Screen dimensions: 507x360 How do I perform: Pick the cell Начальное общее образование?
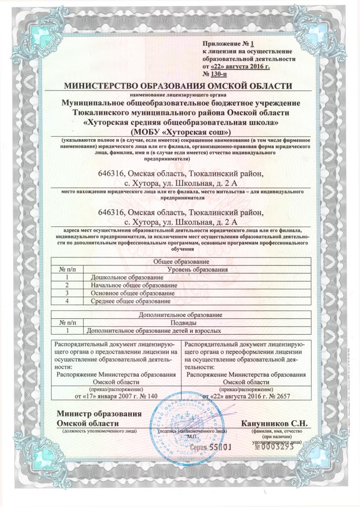pos(134,286)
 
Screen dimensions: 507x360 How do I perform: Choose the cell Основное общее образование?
pos(133,293)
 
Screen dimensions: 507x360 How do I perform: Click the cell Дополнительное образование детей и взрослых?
pos(153,330)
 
